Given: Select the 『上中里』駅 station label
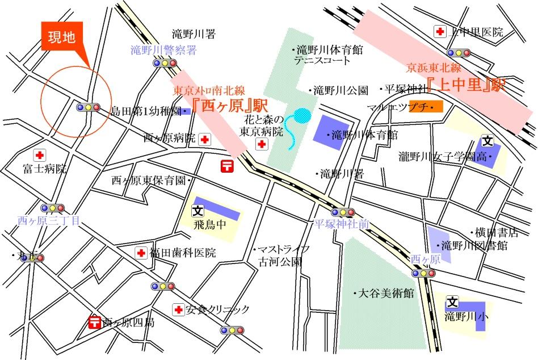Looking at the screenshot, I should (x=466, y=86).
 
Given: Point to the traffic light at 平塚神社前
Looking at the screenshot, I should (x=343, y=213).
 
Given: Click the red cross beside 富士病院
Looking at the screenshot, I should (x=39, y=156).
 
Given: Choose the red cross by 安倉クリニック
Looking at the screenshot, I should (x=178, y=309).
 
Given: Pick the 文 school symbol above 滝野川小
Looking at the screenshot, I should (x=452, y=302).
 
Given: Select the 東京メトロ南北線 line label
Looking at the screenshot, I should (x=208, y=90).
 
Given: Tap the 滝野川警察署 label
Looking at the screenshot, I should (x=163, y=51).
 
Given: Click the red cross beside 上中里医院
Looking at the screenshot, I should (x=439, y=32).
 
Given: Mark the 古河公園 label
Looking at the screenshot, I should (x=280, y=262).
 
